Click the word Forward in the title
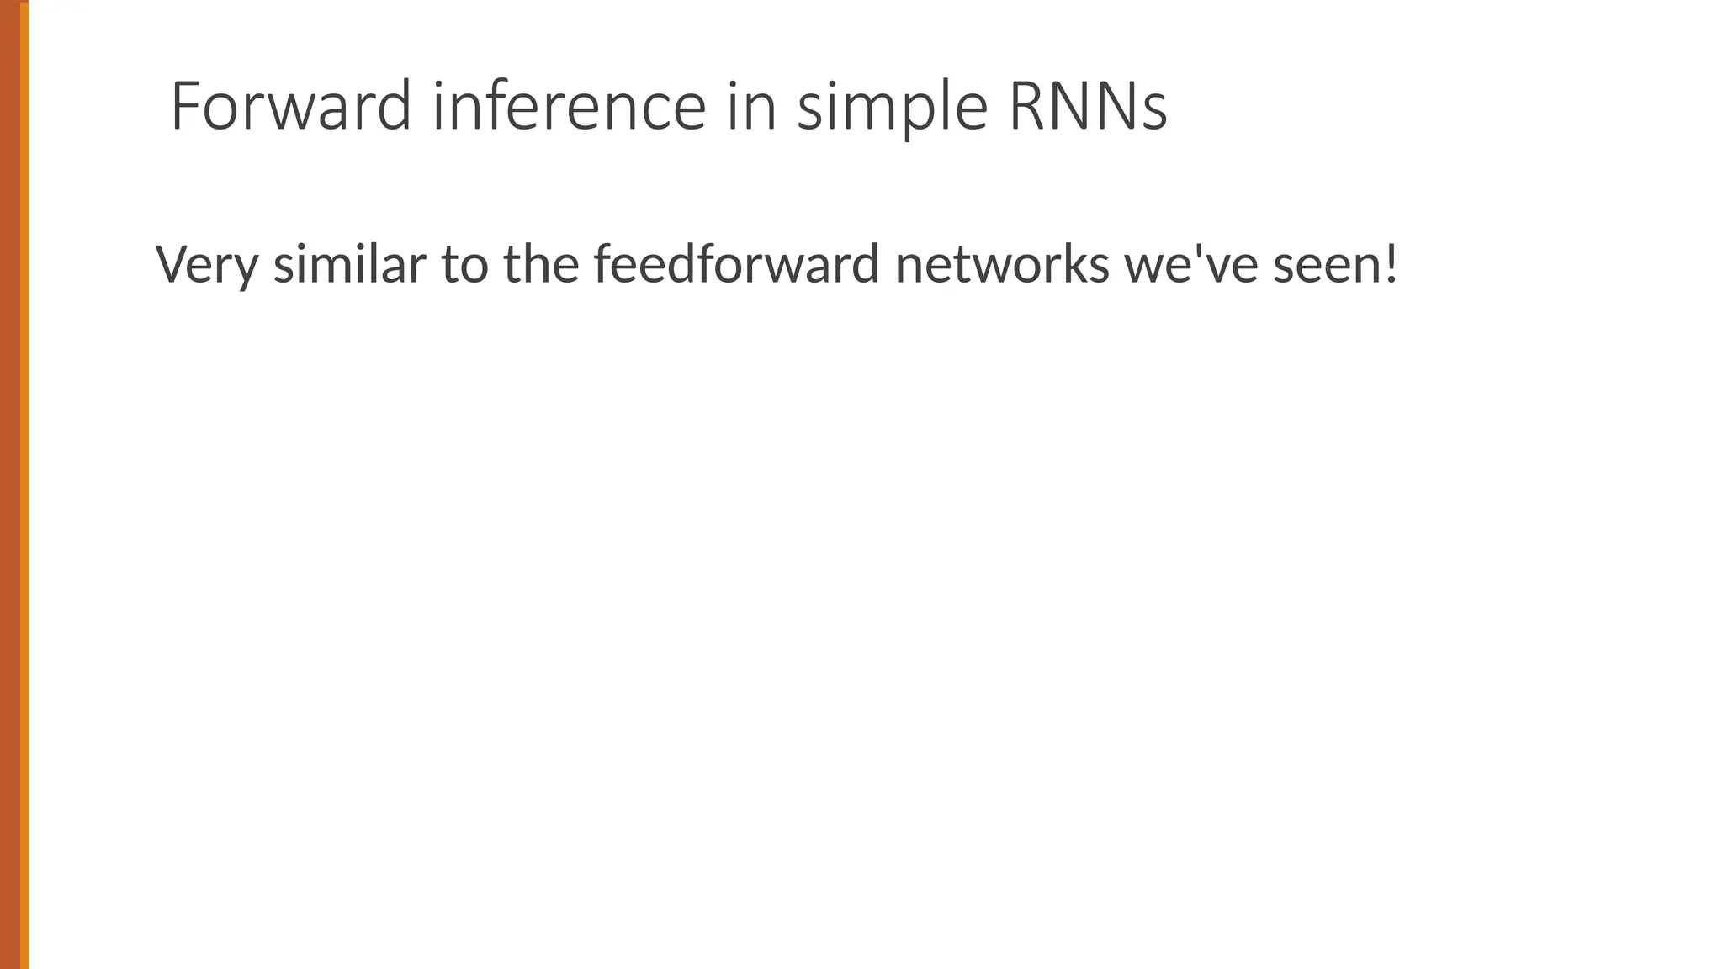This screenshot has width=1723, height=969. [290, 106]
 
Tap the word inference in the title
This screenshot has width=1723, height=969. [569, 106]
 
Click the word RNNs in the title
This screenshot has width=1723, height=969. [1088, 106]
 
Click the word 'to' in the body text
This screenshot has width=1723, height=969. [464, 264]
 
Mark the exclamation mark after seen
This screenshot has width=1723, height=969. [1391, 264]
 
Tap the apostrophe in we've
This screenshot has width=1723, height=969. [1201, 251]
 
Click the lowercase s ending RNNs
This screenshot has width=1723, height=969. [1155, 113]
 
